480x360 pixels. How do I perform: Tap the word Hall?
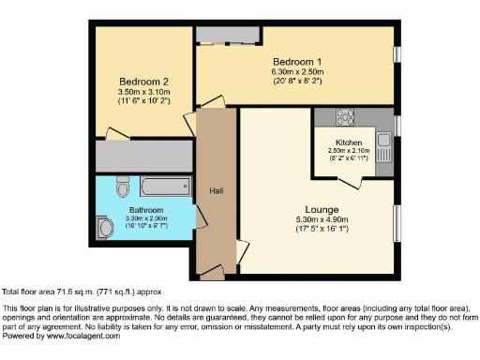[x=216, y=190]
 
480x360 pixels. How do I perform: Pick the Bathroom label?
[x=147, y=210]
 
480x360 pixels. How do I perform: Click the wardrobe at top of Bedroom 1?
[x=228, y=36]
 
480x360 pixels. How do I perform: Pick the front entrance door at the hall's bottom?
[x=210, y=274]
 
